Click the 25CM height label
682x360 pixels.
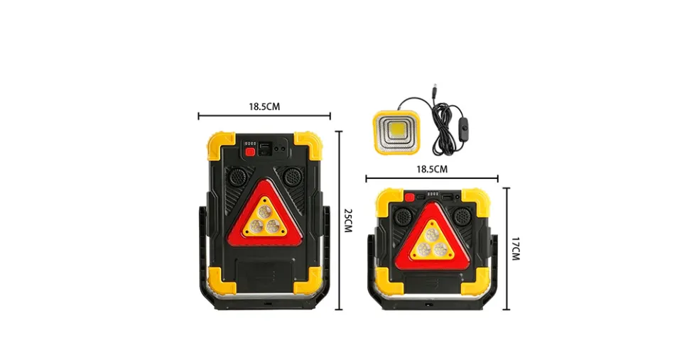[347, 220]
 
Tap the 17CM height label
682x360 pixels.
[515, 249]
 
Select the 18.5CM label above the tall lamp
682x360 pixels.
[264, 107]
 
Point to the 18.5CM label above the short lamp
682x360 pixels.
[432, 169]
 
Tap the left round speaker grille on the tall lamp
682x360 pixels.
[237, 178]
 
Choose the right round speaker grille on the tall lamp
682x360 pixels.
[291, 178]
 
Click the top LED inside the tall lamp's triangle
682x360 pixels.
[264, 212]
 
